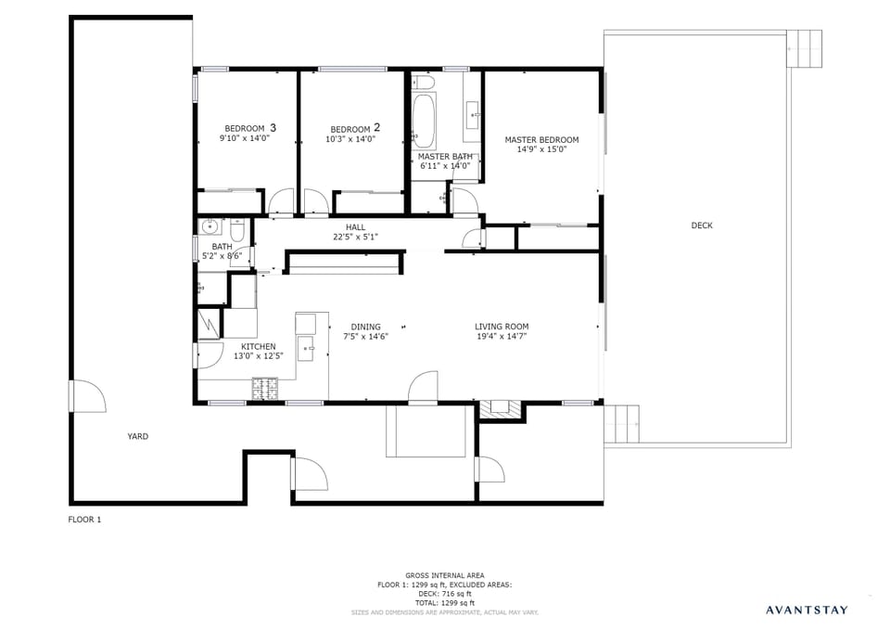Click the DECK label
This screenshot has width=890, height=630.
coord(702,225)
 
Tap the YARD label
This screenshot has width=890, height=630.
coord(137,436)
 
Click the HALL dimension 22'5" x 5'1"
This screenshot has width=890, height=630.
coord(356,237)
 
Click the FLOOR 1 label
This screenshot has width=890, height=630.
coord(84,520)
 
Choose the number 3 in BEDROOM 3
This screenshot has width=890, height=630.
coord(273,127)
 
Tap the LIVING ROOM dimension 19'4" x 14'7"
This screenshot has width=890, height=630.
coord(502,337)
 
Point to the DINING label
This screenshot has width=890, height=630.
coord(365,327)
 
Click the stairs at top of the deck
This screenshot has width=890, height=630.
coord(804,48)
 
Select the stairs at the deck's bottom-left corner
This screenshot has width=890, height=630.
coord(622,424)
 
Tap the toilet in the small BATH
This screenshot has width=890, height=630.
coord(237,228)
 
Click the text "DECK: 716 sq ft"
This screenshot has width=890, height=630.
coord(444,594)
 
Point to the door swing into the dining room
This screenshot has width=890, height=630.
coord(423,386)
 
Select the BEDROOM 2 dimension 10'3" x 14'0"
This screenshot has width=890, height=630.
coord(350,139)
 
